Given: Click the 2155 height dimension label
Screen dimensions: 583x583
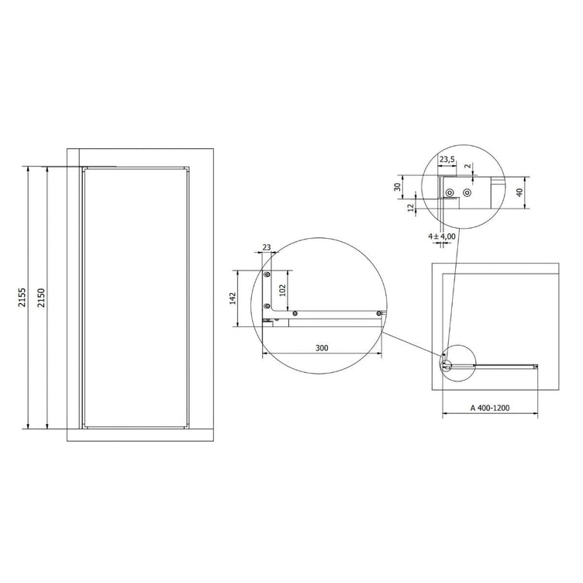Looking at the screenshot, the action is tap(22, 297).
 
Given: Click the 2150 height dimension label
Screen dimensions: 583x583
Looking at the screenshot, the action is tap(41, 297).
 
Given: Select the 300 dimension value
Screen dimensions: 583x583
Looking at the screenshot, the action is tap(322, 348).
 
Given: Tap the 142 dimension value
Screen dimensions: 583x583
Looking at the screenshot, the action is tap(233, 298).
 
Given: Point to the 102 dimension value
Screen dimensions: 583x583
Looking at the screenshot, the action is tap(282, 291).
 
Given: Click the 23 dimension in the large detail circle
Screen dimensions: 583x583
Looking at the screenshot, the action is tap(267, 247).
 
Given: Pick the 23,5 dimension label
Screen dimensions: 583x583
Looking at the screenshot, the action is tap(447, 160).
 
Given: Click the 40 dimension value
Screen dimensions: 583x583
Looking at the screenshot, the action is tap(519, 192).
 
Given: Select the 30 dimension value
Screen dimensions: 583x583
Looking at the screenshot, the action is tap(398, 187).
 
